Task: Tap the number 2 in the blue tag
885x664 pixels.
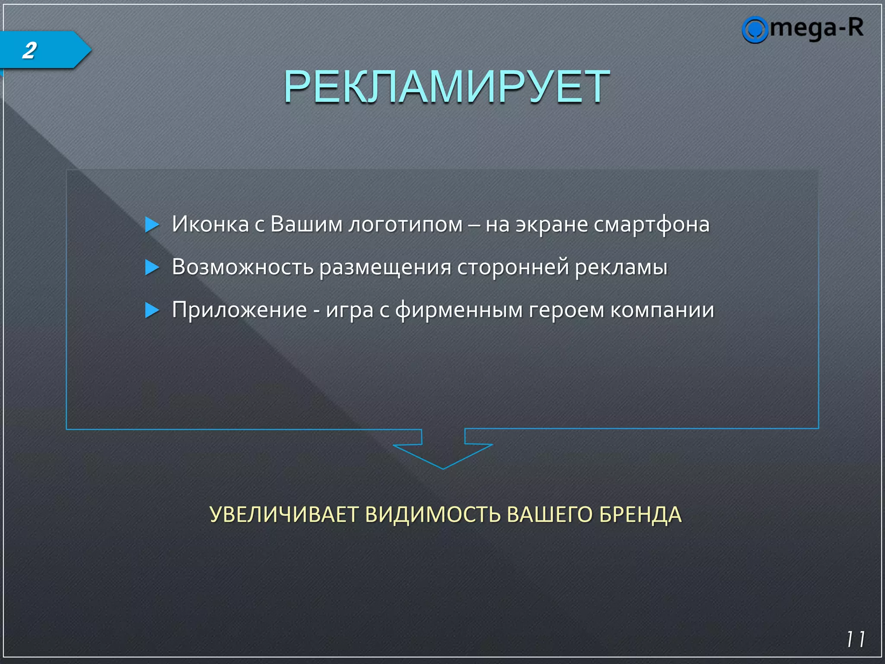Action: pos(30,50)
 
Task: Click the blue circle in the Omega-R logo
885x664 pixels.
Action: pos(754,30)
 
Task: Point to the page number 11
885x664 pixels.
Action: pos(855,639)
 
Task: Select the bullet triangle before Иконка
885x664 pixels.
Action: pos(152,225)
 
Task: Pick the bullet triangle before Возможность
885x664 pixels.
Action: pos(152,267)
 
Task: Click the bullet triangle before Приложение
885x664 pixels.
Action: pos(152,310)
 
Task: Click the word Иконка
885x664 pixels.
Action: pos(210,224)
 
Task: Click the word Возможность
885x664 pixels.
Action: pos(242,267)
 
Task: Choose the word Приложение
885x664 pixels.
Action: pos(239,310)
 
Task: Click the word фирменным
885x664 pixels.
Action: pos(458,310)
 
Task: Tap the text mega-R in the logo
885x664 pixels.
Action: pos(817,28)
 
